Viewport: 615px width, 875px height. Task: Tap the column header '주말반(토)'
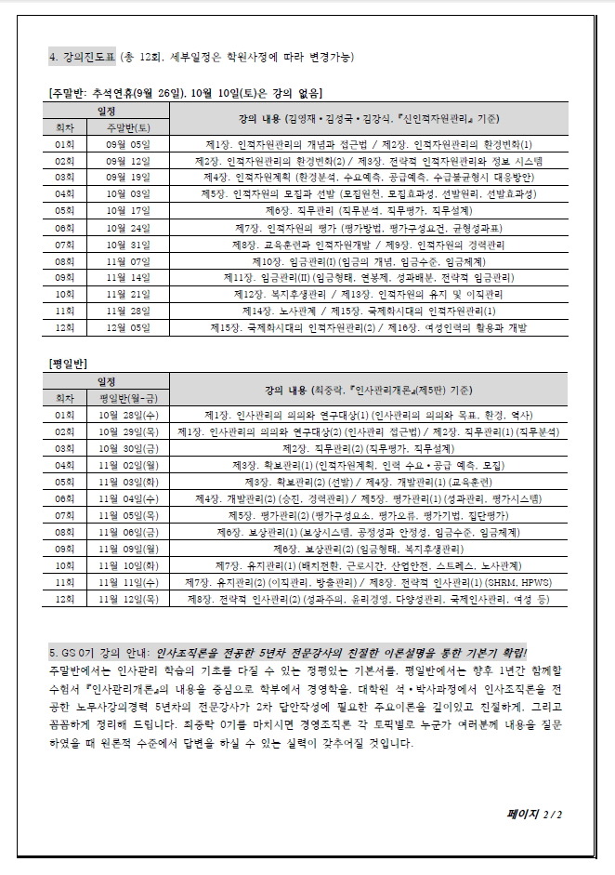[128, 126]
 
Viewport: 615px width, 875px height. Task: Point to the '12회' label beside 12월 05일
[64, 327]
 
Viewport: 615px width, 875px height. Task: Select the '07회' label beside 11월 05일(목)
[64, 514]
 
